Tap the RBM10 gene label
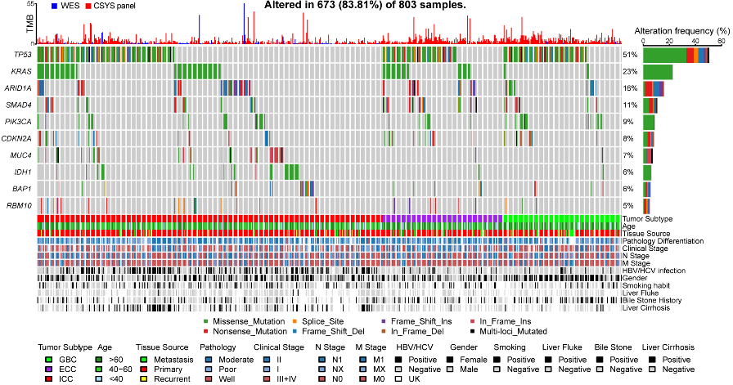(x=21, y=205)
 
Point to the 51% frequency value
(x=629, y=54)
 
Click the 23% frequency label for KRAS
(x=629, y=71)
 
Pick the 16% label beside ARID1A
(x=629, y=88)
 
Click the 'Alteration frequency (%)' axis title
(x=682, y=29)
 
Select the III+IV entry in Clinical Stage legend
(x=281, y=378)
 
